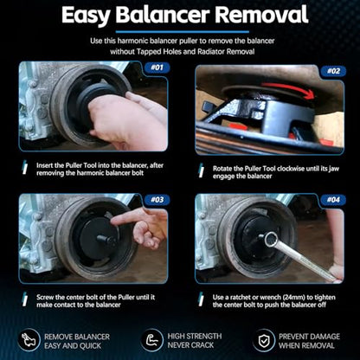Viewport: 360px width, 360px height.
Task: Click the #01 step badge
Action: point(157,67)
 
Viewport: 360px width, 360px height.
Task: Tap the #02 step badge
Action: point(334,71)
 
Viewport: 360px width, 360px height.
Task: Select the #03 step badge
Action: point(157,200)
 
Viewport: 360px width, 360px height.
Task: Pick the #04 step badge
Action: point(334,200)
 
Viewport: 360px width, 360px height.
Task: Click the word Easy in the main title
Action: point(86,16)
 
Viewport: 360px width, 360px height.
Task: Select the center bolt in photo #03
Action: point(104,239)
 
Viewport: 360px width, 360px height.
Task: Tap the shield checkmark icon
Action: point(263,341)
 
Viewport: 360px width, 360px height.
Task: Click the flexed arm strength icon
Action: point(152,340)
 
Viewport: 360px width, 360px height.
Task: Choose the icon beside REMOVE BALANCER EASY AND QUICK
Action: point(29,340)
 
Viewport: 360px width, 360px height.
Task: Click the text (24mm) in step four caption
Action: point(291,298)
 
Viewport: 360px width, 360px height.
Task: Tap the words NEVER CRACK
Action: point(190,345)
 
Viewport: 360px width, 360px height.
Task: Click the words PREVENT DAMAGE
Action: point(309,337)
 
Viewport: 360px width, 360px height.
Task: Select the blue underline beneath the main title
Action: point(182,32)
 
